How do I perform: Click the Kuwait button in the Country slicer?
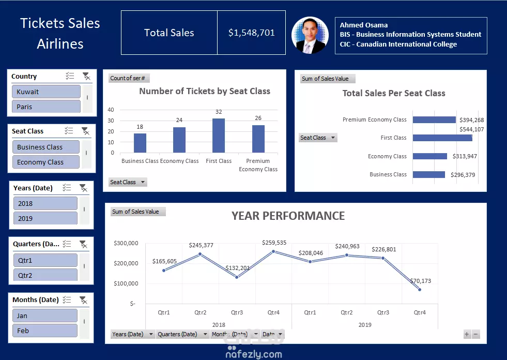coord(45,92)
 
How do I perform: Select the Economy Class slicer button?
coord(45,162)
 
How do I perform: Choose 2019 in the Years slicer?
coord(45,218)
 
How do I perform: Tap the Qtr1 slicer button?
coord(45,260)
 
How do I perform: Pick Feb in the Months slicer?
coord(45,331)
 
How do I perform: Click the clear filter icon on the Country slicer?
coord(86,76)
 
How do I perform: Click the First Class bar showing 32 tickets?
coord(219,136)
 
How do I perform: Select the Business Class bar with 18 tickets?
coord(140,143)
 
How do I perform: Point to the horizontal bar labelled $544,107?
coord(442,138)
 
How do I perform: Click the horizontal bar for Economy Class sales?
coord(429,156)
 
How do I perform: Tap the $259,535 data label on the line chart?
coord(274,243)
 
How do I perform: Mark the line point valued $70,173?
coord(420,290)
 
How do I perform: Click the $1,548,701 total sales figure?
coord(251,33)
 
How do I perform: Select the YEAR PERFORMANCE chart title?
coord(288,216)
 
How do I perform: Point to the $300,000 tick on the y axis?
coord(126,243)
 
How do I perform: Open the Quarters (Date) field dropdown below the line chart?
coord(204,334)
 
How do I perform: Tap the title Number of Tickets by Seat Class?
coord(205,91)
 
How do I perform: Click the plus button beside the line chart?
coord(467,334)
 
